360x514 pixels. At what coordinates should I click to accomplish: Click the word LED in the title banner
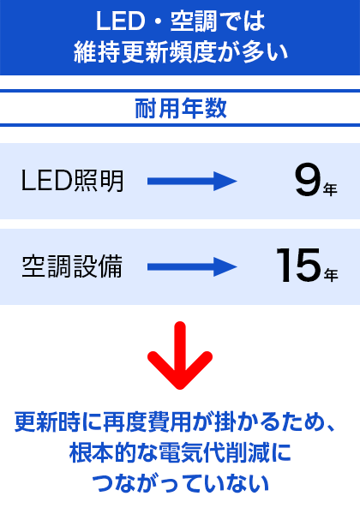click(x=120, y=21)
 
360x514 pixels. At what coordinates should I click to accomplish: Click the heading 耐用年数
click(x=181, y=108)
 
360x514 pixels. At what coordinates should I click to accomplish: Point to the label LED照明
click(x=73, y=181)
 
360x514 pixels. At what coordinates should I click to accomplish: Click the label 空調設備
click(x=73, y=266)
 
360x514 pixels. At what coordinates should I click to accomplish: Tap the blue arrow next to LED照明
click(x=192, y=181)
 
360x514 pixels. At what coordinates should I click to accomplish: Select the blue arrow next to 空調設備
click(x=192, y=266)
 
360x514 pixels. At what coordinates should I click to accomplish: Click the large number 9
click(x=308, y=181)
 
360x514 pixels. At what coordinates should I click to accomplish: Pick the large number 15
click(x=298, y=266)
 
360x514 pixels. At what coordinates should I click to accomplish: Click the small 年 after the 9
click(x=330, y=189)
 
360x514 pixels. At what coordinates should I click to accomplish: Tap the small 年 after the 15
click(x=331, y=275)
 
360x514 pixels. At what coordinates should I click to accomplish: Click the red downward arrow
click(x=180, y=356)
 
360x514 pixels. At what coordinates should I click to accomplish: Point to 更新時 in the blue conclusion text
click(x=48, y=421)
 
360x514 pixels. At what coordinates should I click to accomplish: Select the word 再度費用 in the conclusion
click(x=147, y=421)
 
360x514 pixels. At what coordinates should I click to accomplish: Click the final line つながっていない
click(x=181, y=483)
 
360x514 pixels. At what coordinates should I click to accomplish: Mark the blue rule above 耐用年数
click(x=180, y=91)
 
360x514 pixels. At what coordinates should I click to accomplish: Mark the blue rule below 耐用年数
click(x=180, y=125)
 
